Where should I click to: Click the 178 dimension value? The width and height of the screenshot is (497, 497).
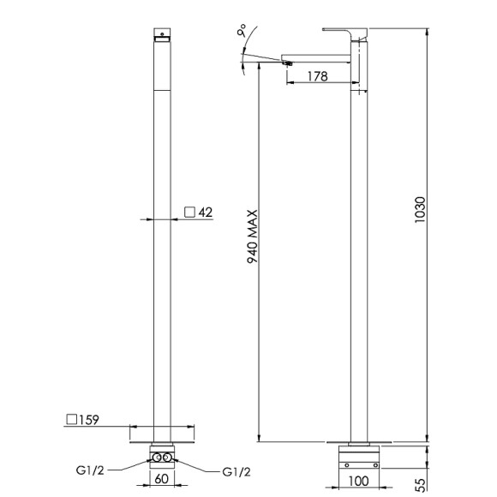point(318,76)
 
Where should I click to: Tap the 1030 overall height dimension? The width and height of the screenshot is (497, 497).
point(420,210)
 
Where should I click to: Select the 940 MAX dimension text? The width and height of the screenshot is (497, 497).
point(253,237)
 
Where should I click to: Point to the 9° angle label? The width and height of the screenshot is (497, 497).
point(242,31)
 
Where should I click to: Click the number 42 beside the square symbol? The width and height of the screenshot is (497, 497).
point(206,212)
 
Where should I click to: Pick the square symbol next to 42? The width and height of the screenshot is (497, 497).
point(189,212)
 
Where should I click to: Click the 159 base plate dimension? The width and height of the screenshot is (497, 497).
point(89,420)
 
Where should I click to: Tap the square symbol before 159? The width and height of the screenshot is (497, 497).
point(72,419)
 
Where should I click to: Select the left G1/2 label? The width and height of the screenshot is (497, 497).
point(90,470)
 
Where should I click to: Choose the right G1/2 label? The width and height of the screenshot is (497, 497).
point(237,472)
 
